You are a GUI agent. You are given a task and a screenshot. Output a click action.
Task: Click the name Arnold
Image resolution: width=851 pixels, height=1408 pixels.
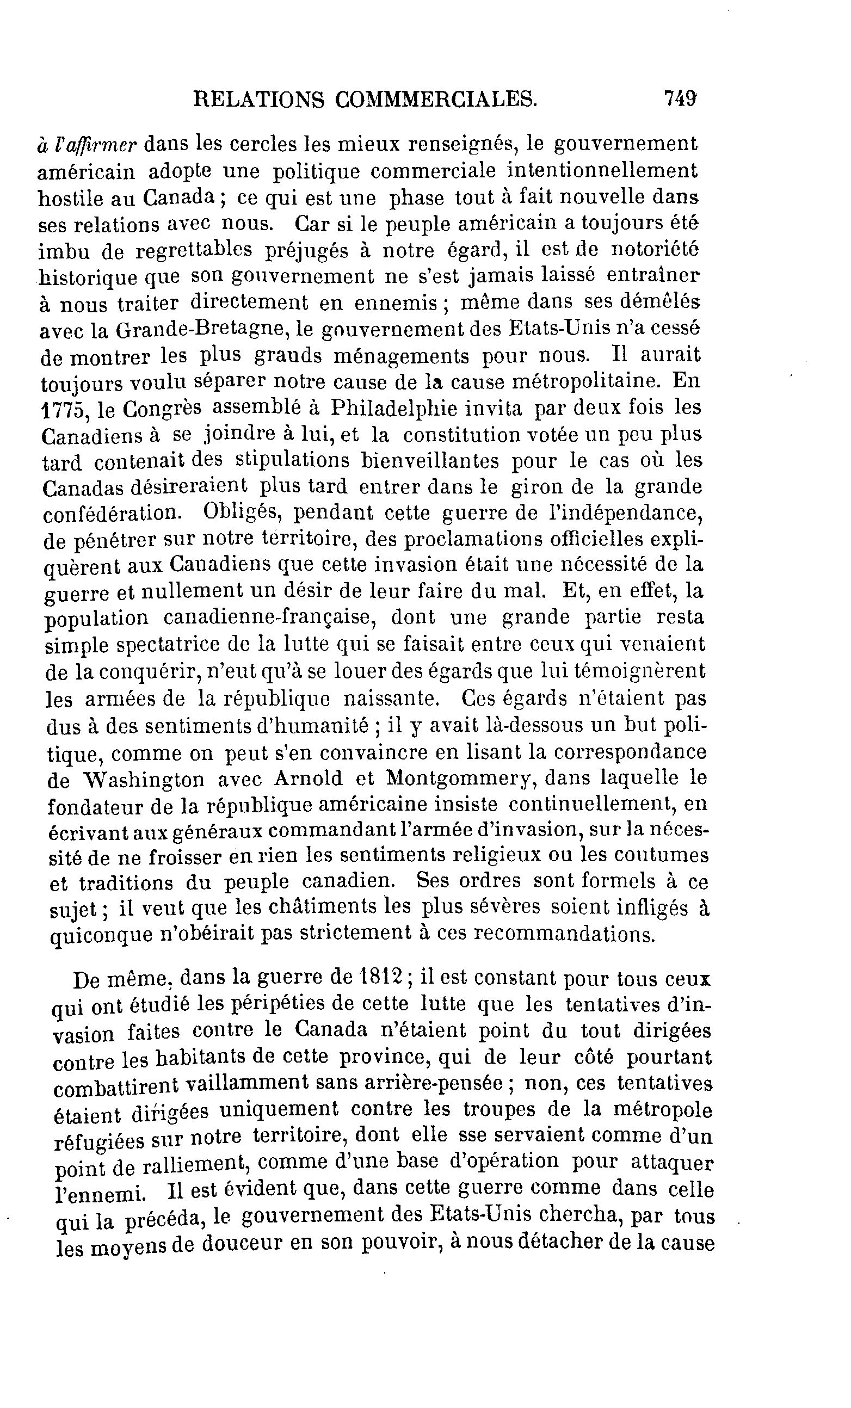point(308,779)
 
